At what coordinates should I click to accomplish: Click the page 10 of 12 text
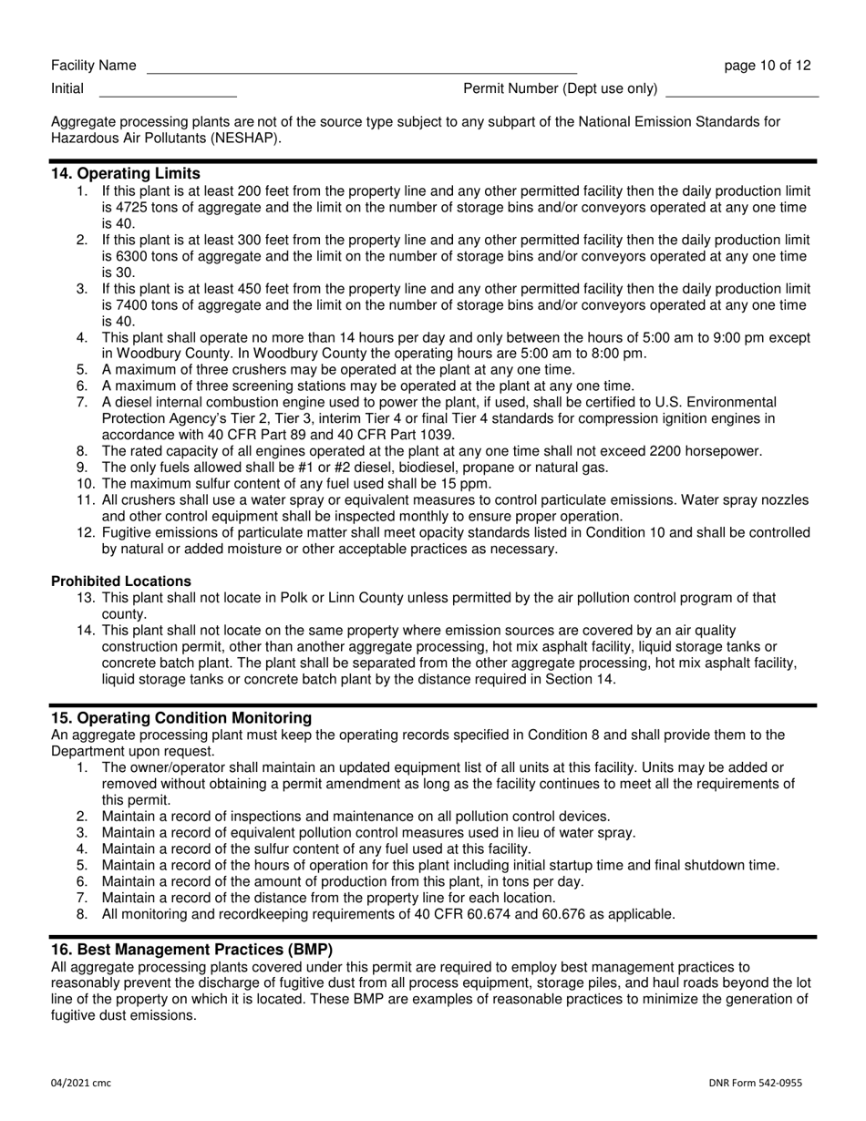767,66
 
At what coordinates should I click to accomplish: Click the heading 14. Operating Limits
126,173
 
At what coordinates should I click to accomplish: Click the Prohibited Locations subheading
121,581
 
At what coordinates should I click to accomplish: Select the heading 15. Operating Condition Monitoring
180,718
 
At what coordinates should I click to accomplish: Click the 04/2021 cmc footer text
81,1083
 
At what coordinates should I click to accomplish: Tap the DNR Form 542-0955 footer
756,1083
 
